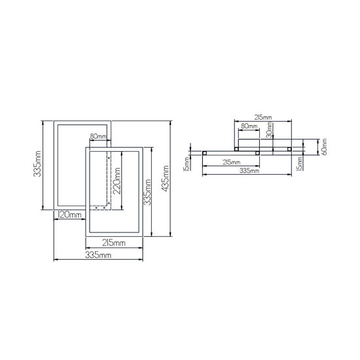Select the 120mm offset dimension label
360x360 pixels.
pos(69,215)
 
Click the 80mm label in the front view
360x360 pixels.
pos(98,137)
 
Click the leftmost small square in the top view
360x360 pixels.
pos(205,153)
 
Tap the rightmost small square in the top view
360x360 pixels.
pos(290,149)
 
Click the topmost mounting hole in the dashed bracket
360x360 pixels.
pos(109,156)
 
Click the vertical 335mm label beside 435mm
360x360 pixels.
pos(149,192)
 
